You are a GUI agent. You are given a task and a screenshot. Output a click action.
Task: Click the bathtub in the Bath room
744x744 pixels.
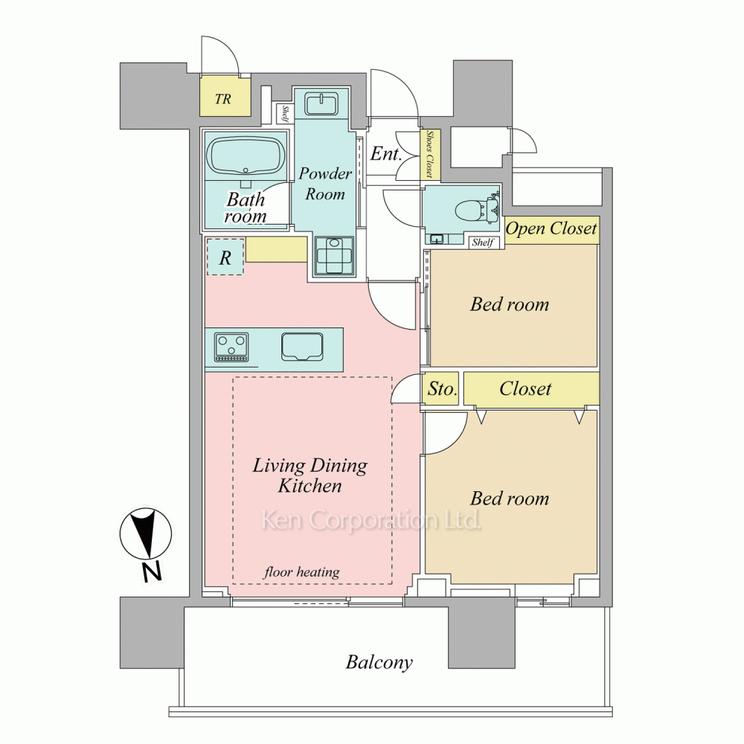click(x=246, y=156)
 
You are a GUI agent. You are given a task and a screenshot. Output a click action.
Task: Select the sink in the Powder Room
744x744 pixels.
click(x=321, y=104)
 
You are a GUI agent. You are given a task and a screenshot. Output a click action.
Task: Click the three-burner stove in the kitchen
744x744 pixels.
click(x=231, y=347)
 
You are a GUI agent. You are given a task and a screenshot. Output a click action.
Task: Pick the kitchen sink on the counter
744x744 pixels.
click(x=302, y=347)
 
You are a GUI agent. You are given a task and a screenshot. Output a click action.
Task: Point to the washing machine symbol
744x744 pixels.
click(x=334, y=255)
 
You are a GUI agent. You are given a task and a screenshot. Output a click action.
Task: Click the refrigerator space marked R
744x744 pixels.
click(x=225, y=257)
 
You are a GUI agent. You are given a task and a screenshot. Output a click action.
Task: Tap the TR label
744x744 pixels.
click(x=223, y=99)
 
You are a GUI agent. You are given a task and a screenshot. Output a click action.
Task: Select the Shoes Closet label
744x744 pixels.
click(x=430, y=154)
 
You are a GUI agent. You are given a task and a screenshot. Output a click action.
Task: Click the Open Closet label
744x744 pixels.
click(x=551, y=229)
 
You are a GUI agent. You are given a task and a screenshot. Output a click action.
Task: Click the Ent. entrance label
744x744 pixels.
click(x=385, y=154)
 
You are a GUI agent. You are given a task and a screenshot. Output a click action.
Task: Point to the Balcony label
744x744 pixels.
click(x=379, y=662)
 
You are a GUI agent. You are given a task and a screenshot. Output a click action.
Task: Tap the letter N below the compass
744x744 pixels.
click(x=153, y=571)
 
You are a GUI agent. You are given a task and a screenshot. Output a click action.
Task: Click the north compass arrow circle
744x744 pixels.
click(x=145, y=533)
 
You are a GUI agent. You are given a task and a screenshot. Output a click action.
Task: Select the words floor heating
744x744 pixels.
click(x=302, y=572)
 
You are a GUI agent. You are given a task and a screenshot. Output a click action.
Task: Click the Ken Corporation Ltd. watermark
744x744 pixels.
click(x=371, y=520)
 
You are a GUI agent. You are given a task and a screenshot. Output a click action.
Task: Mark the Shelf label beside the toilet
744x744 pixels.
click(x=483, y=243)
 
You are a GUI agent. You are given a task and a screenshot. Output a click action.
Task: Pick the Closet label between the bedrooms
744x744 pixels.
click(x=525, y=389)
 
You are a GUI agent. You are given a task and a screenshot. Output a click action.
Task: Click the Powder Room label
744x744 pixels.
click(x=325, y=184)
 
